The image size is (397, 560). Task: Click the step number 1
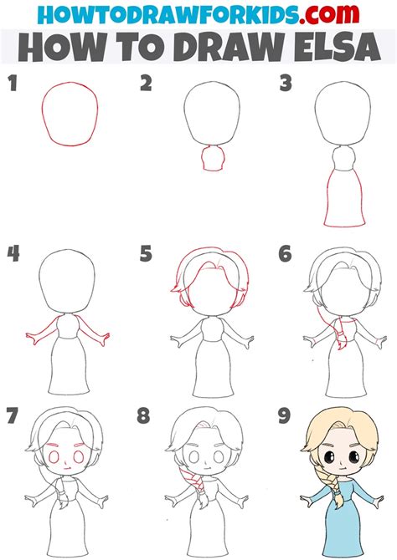pos(13,84)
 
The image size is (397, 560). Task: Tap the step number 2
pos(146,84)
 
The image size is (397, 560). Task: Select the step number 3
pos(286,84)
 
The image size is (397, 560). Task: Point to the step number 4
pos(13,254)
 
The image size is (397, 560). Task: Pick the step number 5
pos(146,254)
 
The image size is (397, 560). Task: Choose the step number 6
pos(285,254)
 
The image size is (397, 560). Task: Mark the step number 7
pos(12,415)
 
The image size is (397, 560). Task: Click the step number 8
pos(143,415)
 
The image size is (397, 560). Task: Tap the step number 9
pos(284,415)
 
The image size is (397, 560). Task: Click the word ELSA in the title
pos(338,47)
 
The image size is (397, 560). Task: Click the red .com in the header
pos(329,14)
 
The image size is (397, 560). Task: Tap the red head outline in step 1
pos(70,83)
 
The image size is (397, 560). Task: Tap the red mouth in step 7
pos(66,467)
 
